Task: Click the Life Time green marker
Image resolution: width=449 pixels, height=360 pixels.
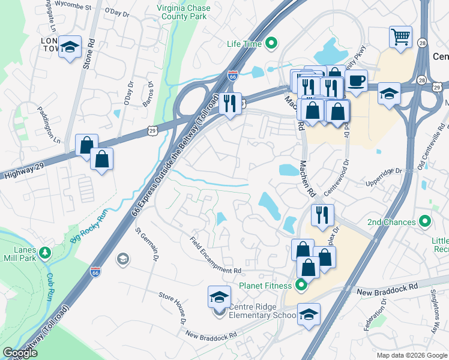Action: [x=271, y=43]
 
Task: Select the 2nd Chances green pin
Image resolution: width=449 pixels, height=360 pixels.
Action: [x=426, y=222]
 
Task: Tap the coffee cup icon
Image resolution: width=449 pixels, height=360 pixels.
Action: [x=357, y=80]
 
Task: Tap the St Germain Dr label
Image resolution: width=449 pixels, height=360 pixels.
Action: [x=147, y=244]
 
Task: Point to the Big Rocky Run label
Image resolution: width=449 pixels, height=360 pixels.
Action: [x=91, y=230]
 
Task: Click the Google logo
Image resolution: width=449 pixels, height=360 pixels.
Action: [x=20, y=353]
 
